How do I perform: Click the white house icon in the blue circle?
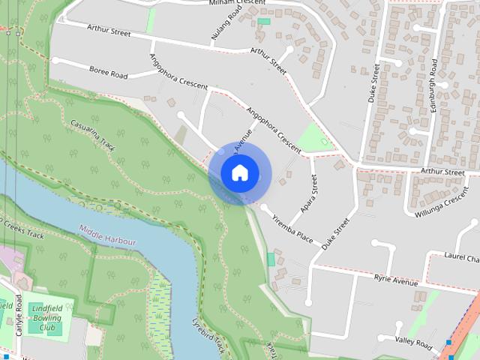239,173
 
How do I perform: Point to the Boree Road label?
108,76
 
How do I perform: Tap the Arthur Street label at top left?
109,33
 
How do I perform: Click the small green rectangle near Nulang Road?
263,21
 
